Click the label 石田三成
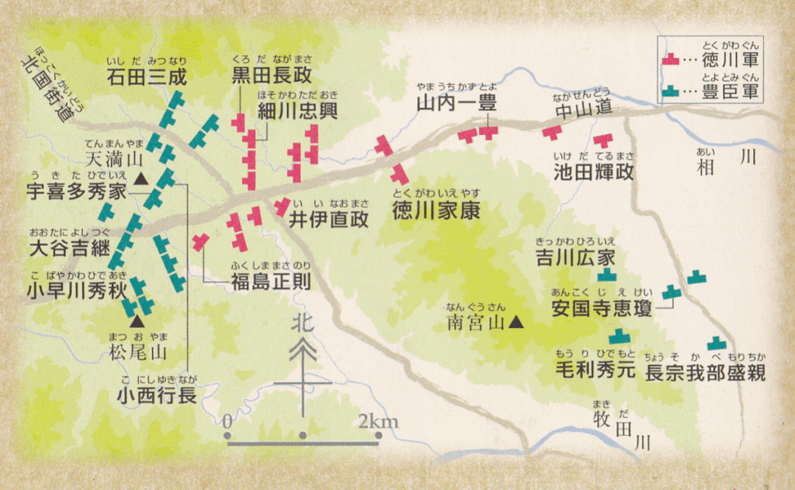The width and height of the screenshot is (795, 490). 148,77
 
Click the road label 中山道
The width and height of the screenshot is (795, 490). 583,112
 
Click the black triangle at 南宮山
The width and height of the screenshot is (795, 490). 516,323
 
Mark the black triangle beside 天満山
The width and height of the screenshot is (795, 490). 141,180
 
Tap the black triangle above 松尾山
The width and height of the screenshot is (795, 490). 137,320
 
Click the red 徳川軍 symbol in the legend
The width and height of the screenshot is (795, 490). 672,58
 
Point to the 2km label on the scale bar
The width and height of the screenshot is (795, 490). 379,423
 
